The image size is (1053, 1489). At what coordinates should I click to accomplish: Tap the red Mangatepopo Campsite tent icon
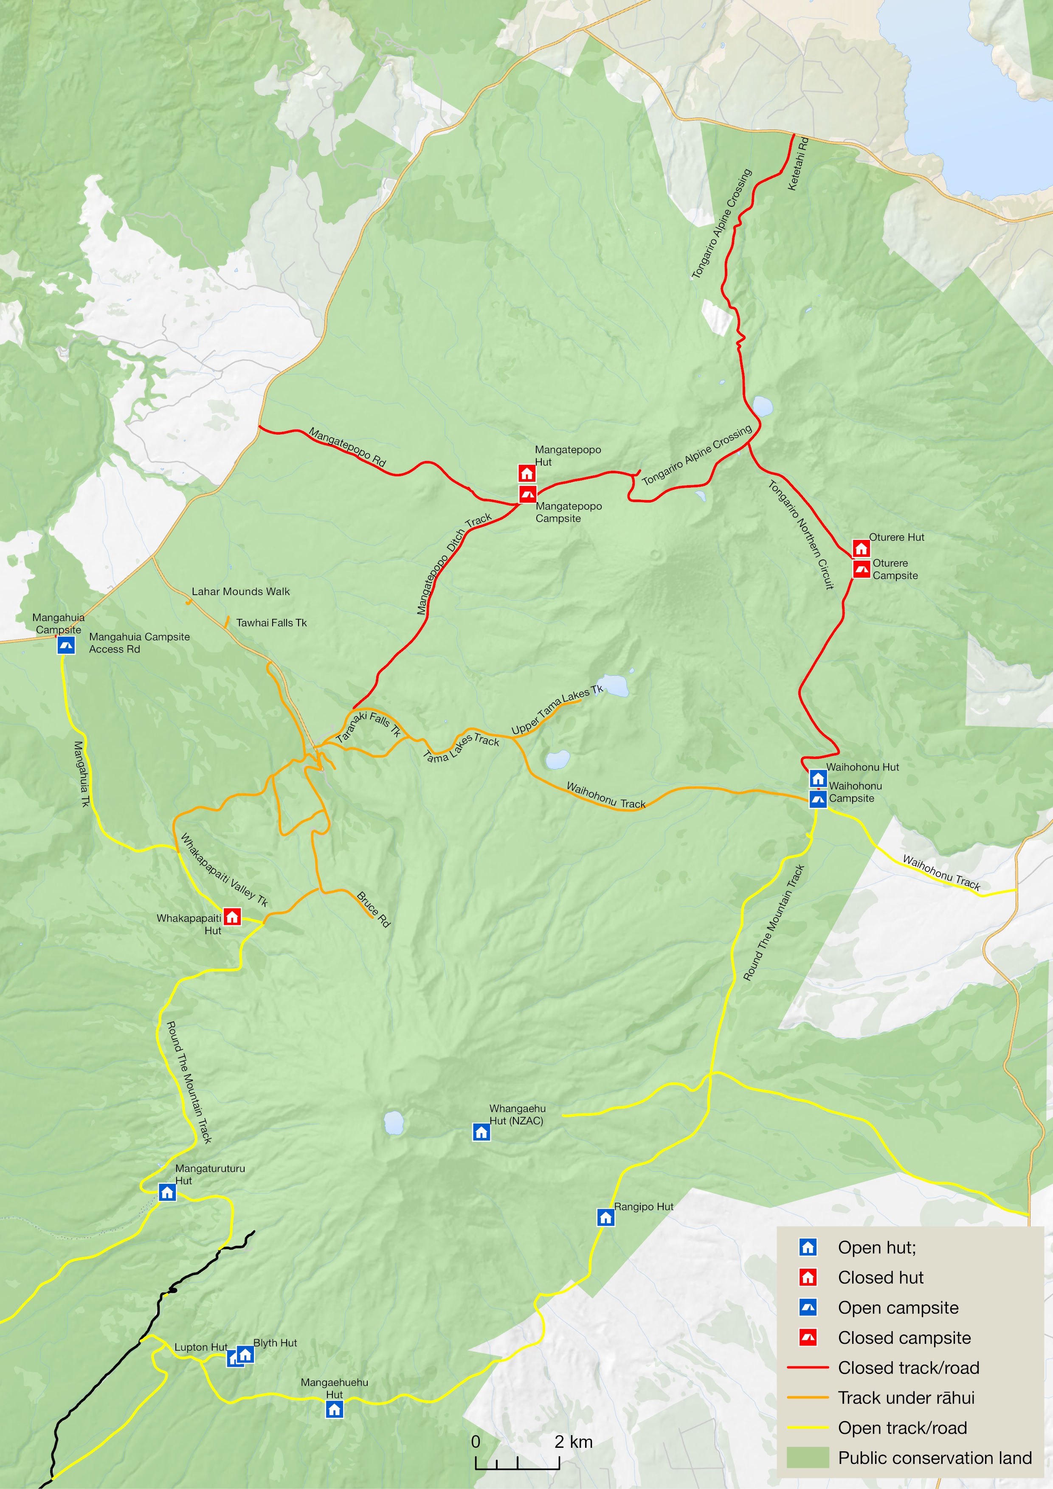click(527, 494)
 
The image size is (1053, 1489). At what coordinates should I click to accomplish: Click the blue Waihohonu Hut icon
click(817, 778)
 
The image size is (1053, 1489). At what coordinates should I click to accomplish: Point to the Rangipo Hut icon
click(605, 1217)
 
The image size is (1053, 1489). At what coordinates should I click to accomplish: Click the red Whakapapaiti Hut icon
click(232, 916)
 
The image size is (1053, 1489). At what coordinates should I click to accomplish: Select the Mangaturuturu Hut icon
click(167, 1192)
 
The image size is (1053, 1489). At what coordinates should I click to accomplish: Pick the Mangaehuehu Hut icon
click(334, 1409)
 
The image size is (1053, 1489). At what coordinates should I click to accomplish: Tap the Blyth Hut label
click(275, 1343)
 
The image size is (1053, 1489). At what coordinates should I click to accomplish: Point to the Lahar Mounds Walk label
click(241, 591)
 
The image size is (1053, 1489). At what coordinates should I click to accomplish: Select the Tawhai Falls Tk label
click(271, 623)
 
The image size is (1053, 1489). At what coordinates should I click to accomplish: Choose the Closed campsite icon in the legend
click(808, 1338)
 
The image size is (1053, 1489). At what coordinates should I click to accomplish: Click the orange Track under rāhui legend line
click(808, 1398)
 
